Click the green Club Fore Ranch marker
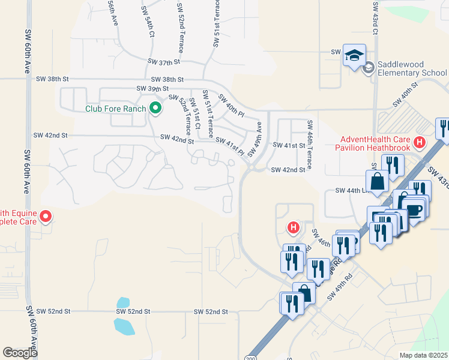155,109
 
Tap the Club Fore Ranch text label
116,109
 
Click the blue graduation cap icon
354,55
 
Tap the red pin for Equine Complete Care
45,217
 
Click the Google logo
20,353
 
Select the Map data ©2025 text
423,355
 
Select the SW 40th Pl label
231,105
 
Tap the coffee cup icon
415,210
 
